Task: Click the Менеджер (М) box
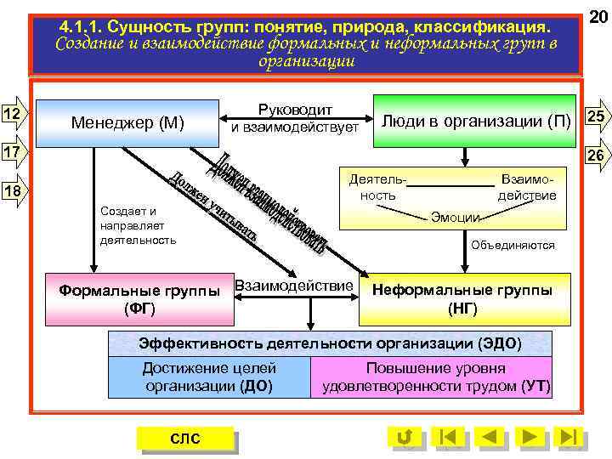coord(127,122)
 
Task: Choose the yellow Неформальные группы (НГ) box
coord(462,298)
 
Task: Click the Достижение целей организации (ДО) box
coord(209,377)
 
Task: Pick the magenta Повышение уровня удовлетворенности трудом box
coord(435,377)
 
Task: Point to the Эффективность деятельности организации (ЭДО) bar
coord(330,343)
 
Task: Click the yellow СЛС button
coord(184,439)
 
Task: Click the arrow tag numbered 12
coord(14,115)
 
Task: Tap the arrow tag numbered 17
coord(14,153)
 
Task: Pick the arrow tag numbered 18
coord(14,191)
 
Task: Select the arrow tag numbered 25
coord(596,117)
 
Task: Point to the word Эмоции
coord(456,217)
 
